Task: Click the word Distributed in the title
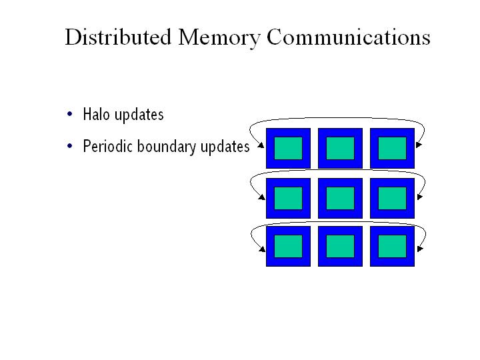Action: (x=117, y=37)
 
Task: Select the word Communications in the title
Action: (x=348, y=37)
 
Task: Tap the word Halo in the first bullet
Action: (x=97, y=115)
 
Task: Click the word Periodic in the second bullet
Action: (x=108, y=147)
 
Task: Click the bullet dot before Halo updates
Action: (x=70, y=114)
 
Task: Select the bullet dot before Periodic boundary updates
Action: (x=70, y=146)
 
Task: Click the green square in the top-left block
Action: (x=288, y=148)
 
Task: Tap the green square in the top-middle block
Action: (x=340, y=148)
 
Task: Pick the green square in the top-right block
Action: (x=392, y=148)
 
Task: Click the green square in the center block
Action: (x=340, y=197)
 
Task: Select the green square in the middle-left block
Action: (x=288, y=197)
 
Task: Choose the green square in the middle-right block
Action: (x=392, y=197)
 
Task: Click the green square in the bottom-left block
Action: (x=288, y=246)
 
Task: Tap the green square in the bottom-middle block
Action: (x=340, y=246)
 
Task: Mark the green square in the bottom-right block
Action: (x=392, y=246)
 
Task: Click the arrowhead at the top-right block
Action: (x=417, y=145)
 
